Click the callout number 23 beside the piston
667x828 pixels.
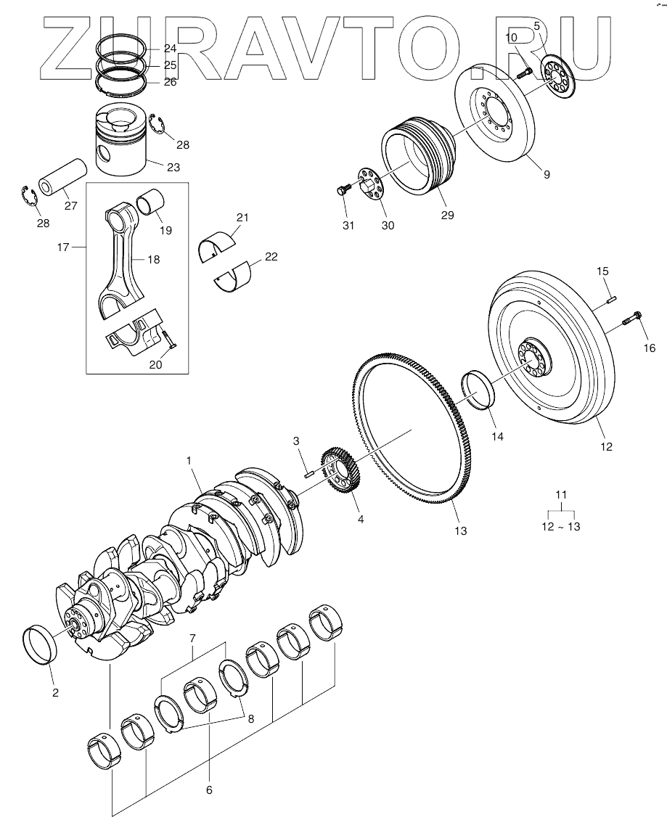click(x=173, y=167)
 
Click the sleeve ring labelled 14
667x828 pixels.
click(x=478, y=390)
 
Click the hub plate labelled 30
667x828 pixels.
click(x=369, y=182)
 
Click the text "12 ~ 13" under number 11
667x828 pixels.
click(x=560, y=528)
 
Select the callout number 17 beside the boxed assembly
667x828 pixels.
click(x=63, y=247)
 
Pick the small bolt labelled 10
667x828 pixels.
click(x=526, y=70)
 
